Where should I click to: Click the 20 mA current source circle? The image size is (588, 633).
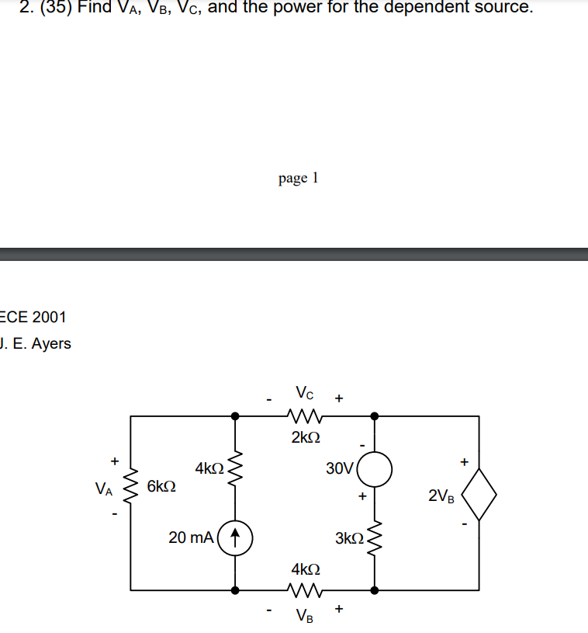coord(233,537)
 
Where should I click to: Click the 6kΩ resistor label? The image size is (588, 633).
coord(161,487)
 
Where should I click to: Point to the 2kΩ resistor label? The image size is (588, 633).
coord(306,437)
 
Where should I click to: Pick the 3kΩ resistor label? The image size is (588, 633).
coord(349,537)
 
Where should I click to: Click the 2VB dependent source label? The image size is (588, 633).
coord(442,496)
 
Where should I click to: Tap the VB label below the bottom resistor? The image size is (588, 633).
coord(305,617)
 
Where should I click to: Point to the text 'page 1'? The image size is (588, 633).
coord(298,178)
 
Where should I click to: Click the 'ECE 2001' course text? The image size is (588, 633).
coord(34,317)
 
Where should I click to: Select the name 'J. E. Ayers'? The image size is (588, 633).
coord(36,343)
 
